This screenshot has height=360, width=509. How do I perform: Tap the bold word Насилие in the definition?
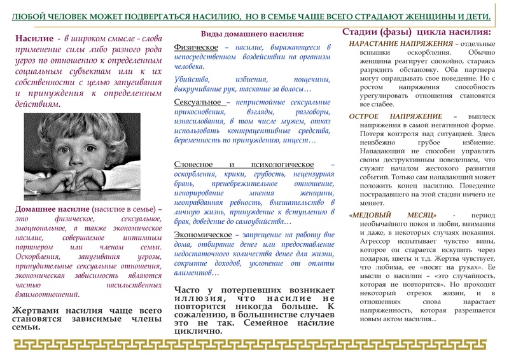point(36,39)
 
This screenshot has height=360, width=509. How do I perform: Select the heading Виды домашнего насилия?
point(252,34)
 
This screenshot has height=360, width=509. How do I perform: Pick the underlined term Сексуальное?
point(199,101)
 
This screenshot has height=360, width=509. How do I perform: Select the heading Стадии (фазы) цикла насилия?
point(416,32)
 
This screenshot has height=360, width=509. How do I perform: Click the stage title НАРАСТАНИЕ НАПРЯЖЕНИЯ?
point(400,43)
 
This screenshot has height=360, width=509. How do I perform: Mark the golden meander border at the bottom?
point(254,346)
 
